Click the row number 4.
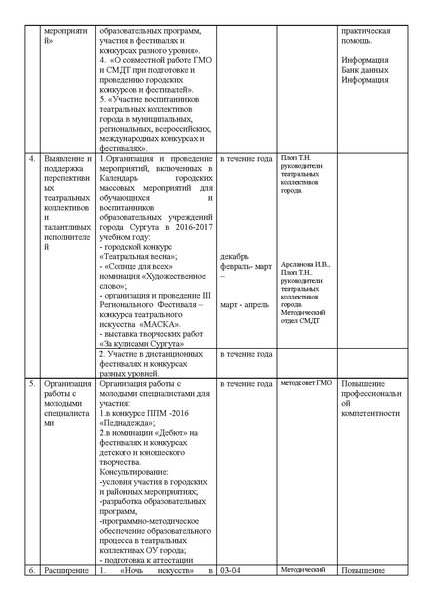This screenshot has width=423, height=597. (31, 160)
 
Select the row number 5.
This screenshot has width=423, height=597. (31, 384)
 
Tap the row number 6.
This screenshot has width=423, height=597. (31, 570)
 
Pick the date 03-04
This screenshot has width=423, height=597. (230, 570)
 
